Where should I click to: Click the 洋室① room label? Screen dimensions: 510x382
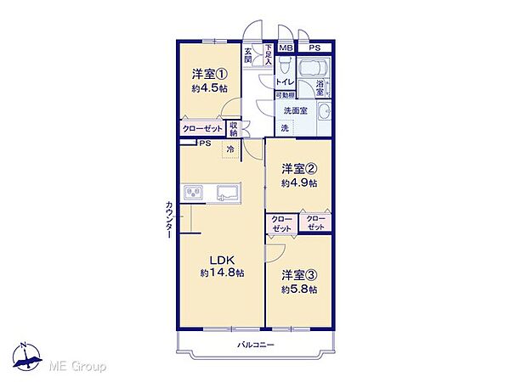pos(209,75)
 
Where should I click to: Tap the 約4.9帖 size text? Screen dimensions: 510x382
pos(299,183)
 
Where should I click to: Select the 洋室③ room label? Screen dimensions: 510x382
pos(299,275)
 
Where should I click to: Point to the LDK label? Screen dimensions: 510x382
pos(222,260)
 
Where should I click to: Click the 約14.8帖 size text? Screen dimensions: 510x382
pos(222,272)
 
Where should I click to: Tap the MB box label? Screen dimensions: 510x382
pos(286,48)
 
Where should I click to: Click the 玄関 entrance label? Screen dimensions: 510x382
pos(248,55)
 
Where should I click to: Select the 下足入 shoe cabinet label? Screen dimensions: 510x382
pos(268,54)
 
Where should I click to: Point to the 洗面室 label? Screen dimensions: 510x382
pos(295,110)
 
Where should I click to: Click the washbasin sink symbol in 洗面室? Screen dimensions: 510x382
pos(324,112)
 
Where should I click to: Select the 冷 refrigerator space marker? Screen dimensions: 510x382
pos(230,149)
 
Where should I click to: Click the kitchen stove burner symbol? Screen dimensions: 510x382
pos(194,193)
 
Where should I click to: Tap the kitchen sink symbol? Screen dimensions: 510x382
pos(229,193)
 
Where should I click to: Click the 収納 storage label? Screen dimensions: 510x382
pos(234,129)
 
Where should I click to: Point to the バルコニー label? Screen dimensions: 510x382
pos(255,345)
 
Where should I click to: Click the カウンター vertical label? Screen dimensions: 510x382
pos(169,220)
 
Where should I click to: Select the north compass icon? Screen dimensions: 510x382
pos(27,357)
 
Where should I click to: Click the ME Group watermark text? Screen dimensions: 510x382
pos(77,367)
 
